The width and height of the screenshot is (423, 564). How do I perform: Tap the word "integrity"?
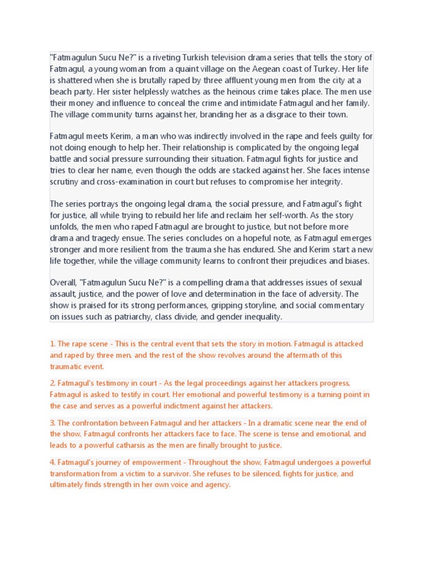[324, 181]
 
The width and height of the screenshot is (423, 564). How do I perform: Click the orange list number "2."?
[53, 383]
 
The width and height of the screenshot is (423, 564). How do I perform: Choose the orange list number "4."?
[53, 463]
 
